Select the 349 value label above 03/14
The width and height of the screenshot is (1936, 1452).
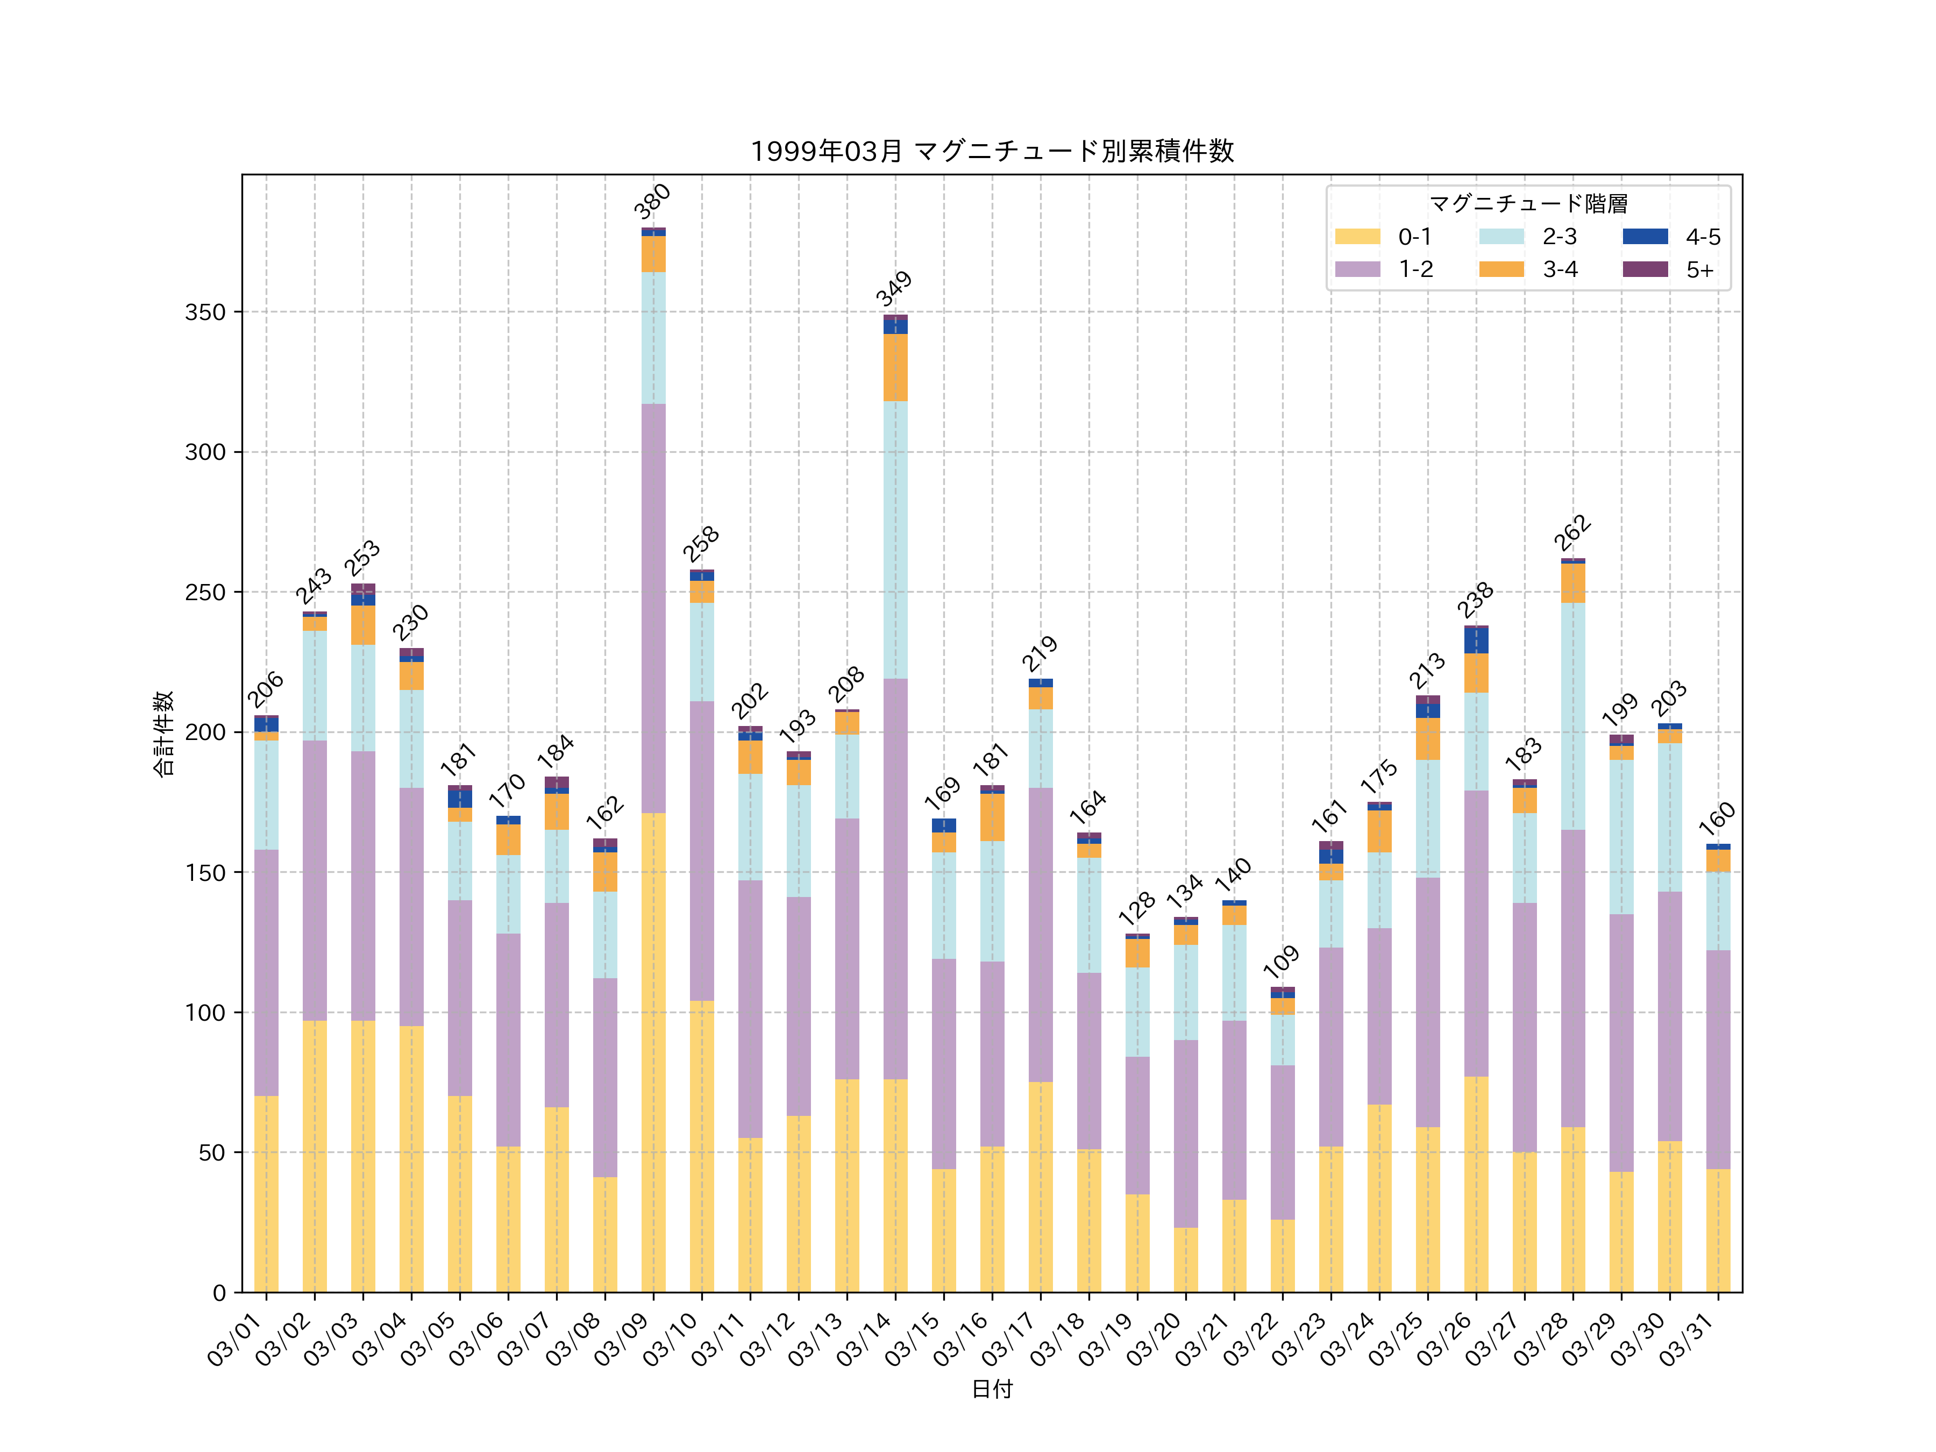click(x=894, y=289)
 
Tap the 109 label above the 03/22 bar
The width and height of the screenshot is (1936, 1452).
click(x=1282, y=962)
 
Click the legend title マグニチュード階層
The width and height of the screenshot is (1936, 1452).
click(x=1528, y=204)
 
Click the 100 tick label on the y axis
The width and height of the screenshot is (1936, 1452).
click(x=205, y=1013)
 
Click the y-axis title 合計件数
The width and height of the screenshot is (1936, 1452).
click(x=163, y=734)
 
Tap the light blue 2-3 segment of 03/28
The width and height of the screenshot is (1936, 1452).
click(x=1573, y=716)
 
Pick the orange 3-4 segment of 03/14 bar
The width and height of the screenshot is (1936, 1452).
click(x=895, y=368)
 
